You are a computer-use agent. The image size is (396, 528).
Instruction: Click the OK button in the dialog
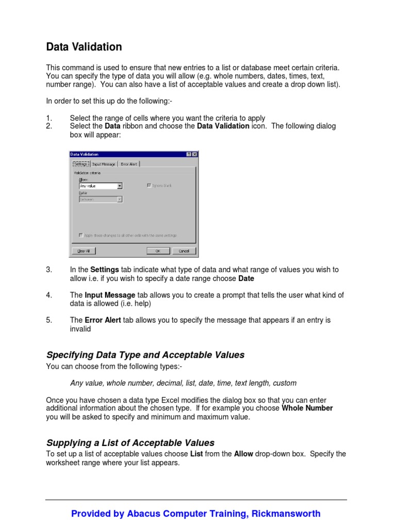(158, 251)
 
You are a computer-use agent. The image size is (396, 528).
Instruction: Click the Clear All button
(82, 251)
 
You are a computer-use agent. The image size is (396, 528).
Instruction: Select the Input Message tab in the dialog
(104, 164)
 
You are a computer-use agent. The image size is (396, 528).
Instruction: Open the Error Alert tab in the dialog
(128, 164)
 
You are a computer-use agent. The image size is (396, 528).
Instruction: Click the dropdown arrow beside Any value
(120, 186)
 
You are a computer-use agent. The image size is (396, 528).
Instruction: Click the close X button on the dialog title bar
(194, 154)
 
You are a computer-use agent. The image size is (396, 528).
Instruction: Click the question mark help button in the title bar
(189, 154)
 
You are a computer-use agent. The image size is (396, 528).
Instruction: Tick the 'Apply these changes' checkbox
(81, 235)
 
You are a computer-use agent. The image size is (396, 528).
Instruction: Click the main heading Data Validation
(84, 47)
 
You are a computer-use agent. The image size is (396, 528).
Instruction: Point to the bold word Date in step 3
(246, 278)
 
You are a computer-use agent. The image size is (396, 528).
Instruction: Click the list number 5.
(49, 320)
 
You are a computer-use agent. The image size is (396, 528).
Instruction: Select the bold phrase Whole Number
(307, 408)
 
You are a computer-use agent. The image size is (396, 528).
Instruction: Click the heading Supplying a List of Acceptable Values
(130, 443)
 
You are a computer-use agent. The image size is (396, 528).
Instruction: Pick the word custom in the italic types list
(284, 383)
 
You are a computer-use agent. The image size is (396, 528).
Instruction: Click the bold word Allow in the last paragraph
(244, 454)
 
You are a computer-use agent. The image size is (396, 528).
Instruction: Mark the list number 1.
(49, 119)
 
